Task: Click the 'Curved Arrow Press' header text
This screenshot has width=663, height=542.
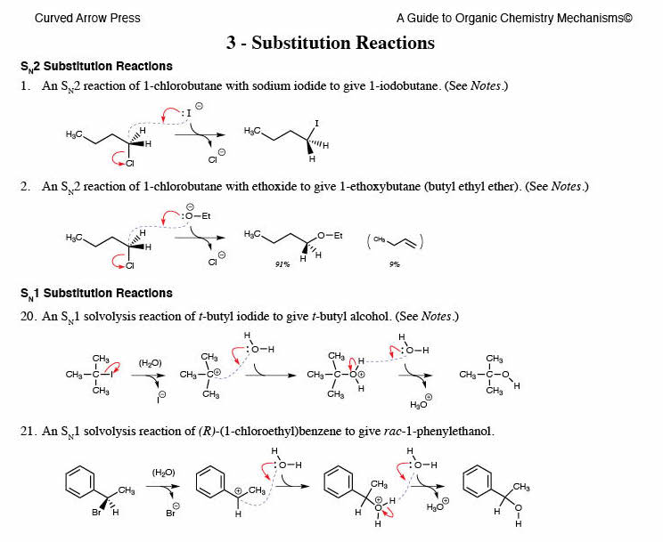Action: pyautogui.click(x=86, y=18)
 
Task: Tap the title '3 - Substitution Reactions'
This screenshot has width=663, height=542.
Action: pyautogui.click(x=331, y=43)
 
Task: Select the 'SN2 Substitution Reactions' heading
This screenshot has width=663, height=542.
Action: pyautogui.click(x=96, y=67)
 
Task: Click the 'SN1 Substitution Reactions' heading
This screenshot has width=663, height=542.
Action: pyautogui.click(x=96, y=294)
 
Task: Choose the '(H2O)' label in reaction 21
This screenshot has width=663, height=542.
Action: pyautogui.click(x=161, y=472)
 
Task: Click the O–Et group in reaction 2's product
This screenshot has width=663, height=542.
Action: pyautogui.click(x=330, y=235)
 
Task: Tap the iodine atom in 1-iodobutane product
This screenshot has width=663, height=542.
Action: pyautogui.click(x=316, y=123)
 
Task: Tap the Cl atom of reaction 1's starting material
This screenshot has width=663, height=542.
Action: pyautogui.click(x=131, y=163)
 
